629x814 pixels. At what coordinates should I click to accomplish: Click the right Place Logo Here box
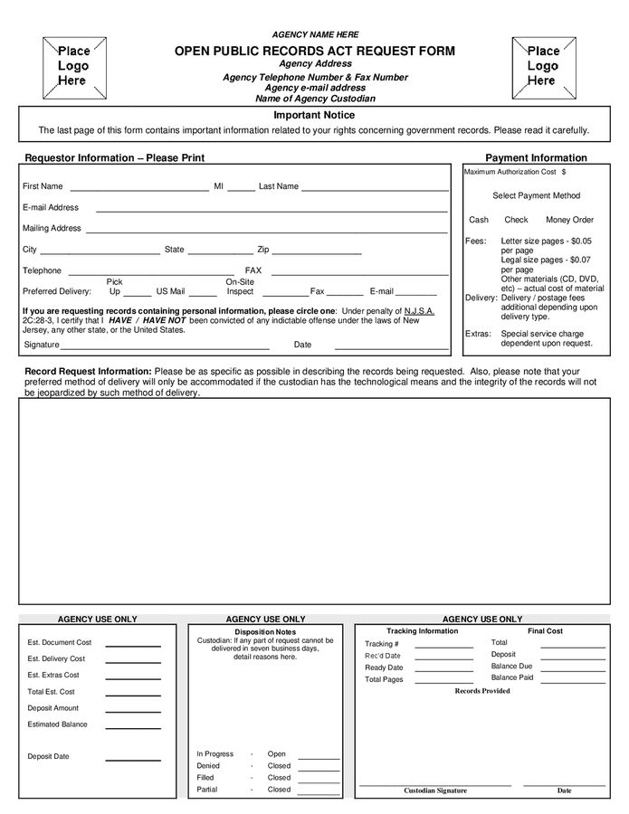tap(543, 67)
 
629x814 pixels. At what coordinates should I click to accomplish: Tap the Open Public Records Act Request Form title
tap(315, 52)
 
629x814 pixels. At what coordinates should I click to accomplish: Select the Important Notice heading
tap(314, 115)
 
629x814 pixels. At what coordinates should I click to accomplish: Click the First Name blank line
tap(139, 190)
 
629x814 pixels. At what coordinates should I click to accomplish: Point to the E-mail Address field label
tap(51, 207)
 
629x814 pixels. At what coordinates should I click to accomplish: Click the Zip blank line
tap(317, 253)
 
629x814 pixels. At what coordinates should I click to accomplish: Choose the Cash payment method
tap(479, 220)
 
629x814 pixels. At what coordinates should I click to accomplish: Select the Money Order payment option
tap(569, 220)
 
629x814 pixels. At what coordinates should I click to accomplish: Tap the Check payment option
tap(516, 220)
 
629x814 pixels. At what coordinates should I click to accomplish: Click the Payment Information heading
tap(537, 157)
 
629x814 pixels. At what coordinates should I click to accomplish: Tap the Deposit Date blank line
tap(132, 759)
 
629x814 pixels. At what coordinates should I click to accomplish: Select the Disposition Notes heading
tap(265, 631)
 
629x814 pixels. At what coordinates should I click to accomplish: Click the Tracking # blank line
tap(443, 647)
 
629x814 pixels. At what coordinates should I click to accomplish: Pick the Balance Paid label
tap(512, 677)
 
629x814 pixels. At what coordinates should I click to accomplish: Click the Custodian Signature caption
tap(435, 790)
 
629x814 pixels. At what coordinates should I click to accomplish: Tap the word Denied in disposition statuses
tap(208, 766)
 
